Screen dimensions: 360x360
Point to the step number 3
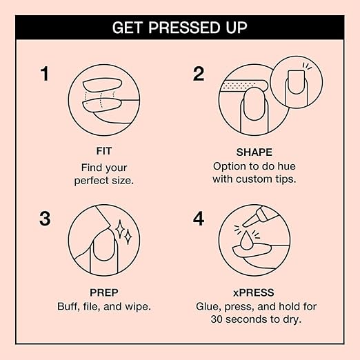click(46, 220)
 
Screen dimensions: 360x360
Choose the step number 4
click(199, 220)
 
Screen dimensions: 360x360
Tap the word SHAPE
click(252, 152)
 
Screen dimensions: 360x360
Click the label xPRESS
click(252, 292)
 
